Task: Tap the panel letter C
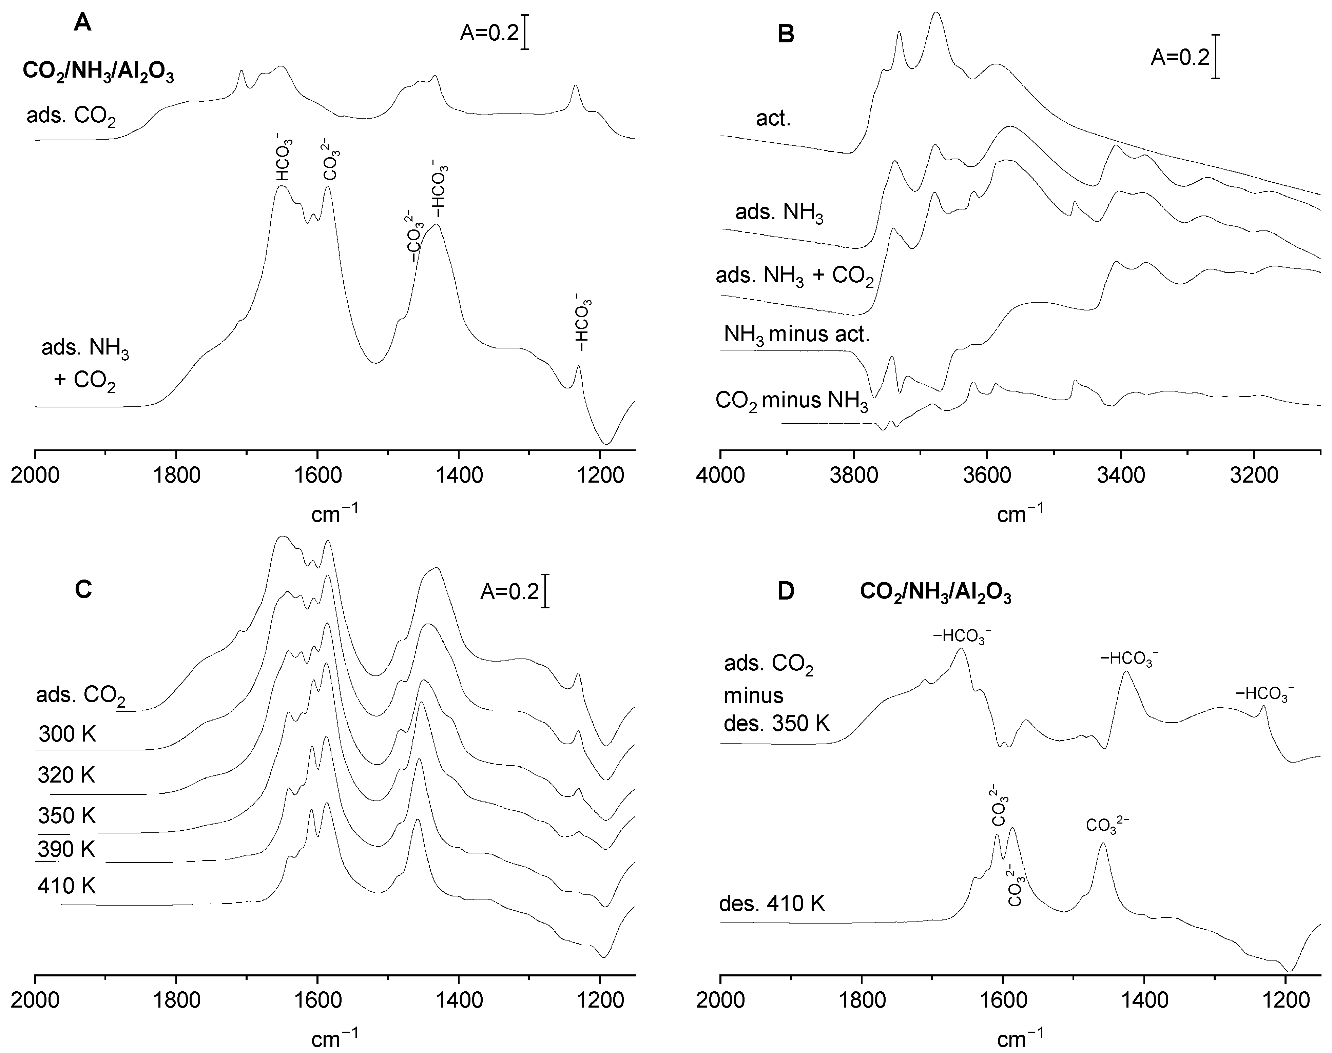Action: pos(83,589)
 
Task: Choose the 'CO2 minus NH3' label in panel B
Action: pos(792,401)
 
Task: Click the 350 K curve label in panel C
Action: pos(66,816)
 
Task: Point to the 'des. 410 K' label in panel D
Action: pos(772,904)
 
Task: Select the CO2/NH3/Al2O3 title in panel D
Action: pos(935,593)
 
